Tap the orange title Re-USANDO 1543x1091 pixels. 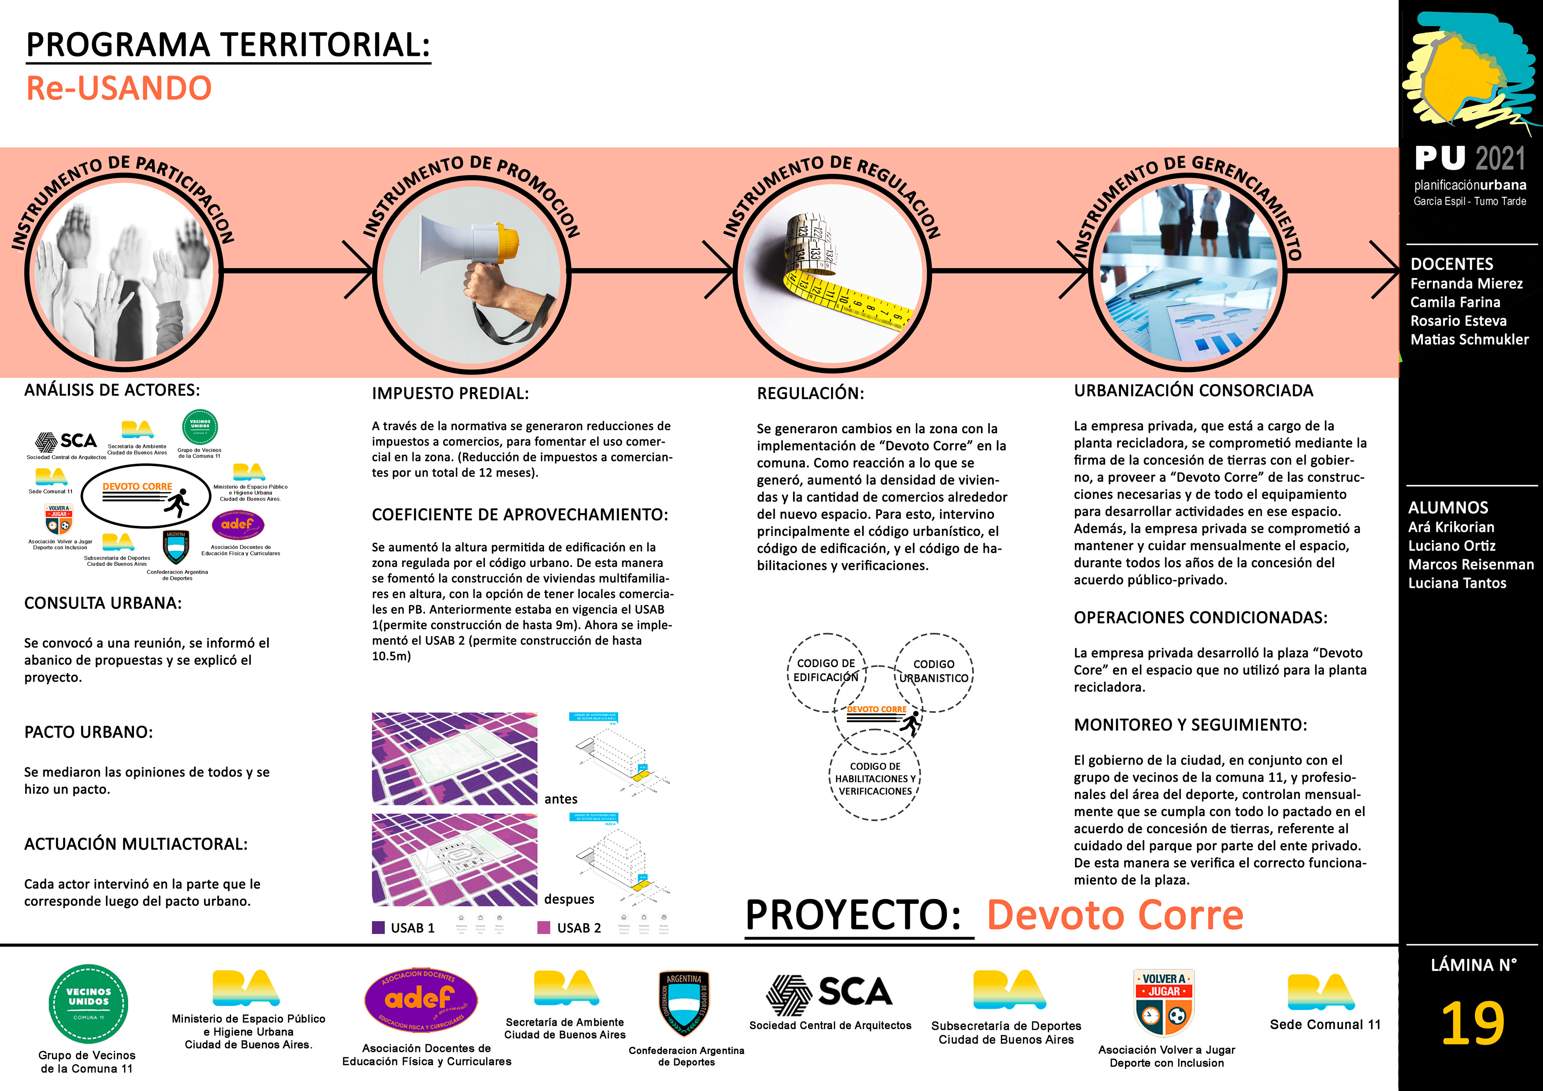coord(119,88)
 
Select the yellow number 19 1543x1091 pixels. coord(1472,1023)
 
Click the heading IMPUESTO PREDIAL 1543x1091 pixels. coord(450,393)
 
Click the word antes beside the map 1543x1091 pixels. coord(561,798)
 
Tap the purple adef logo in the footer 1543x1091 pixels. coord(421,999)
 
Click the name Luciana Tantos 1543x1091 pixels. coord(1457,583)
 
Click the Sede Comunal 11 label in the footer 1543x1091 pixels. coord(1324,1024)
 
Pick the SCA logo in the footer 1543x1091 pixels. coord(830,993)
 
